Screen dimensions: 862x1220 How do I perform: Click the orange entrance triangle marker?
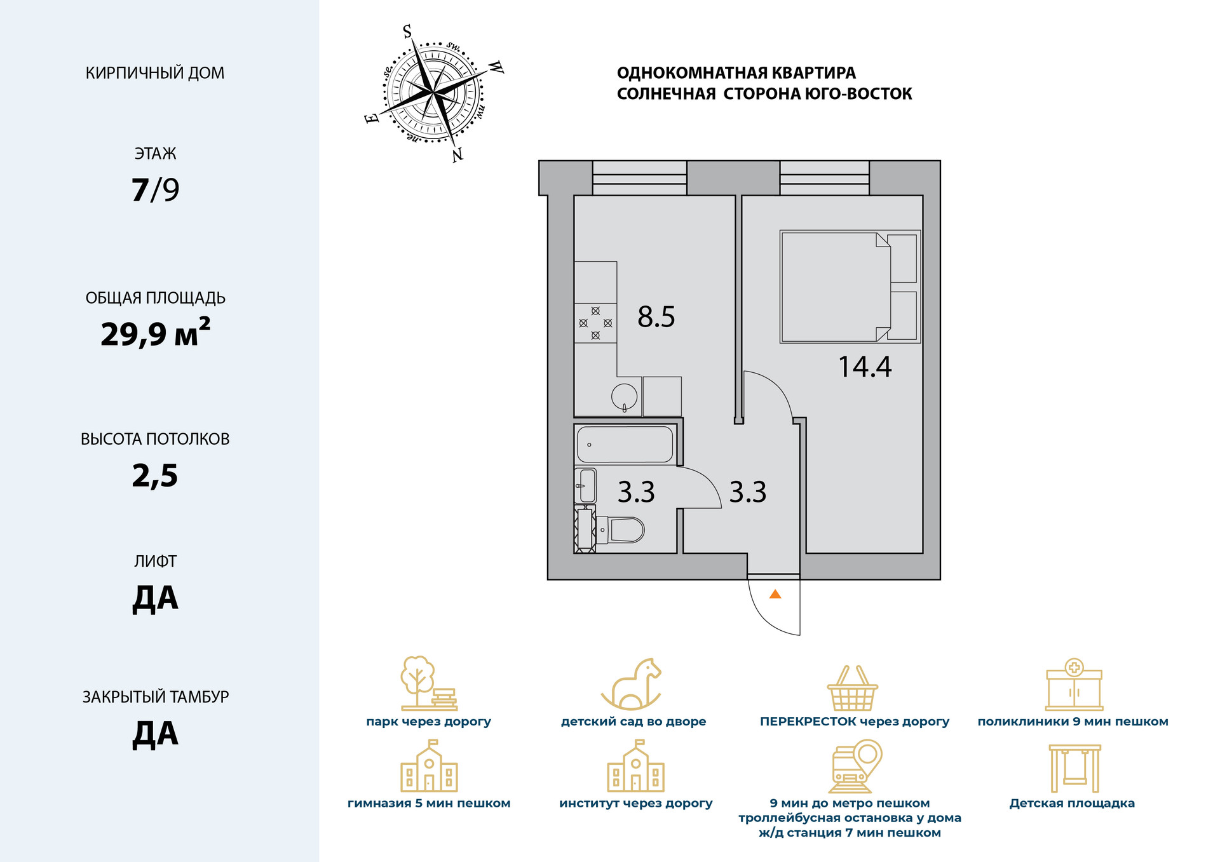[x=775, y=595]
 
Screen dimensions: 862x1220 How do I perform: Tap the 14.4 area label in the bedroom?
[x=865, y=367]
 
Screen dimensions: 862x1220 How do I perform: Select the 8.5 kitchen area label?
[x=656, y=316]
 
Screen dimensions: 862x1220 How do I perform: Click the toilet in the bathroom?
[x=621, y=529]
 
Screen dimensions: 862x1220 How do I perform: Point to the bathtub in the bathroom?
[x=625, y=444]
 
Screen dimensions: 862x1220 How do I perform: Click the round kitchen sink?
[x=625, y=396]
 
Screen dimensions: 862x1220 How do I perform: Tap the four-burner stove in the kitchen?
[x=595, y=323]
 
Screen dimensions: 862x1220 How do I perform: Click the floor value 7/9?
[x=155, y=189]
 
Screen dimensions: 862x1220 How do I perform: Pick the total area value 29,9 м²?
[x=155, y=333]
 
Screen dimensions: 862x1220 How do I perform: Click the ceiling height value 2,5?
[x=155, y=475]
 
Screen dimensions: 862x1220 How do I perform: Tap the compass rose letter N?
[x=457, y=154]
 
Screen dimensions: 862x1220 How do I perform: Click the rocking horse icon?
[x=633, y=684]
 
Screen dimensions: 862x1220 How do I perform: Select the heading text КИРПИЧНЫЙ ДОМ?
[x=155, y=73]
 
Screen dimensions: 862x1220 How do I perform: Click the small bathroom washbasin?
[x=586, y=485]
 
